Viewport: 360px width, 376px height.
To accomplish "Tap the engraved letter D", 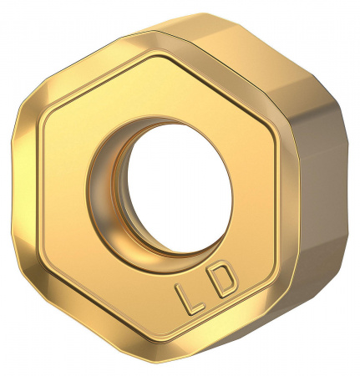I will click(x=223, y=286).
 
